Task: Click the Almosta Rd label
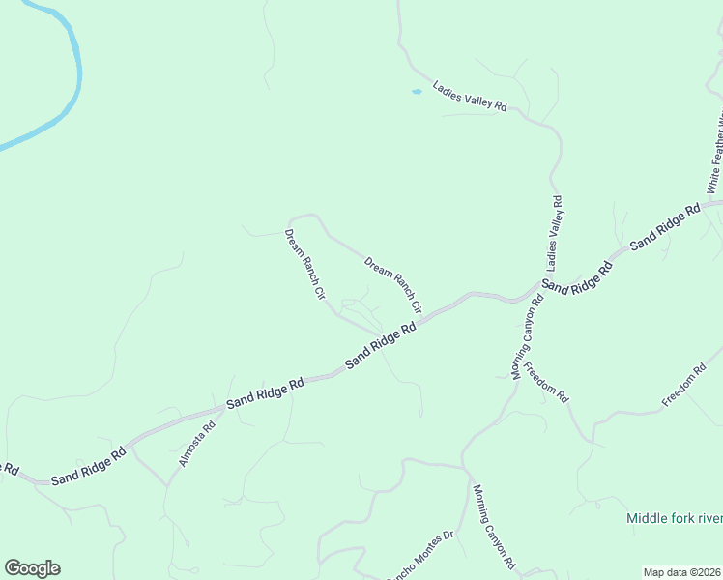(x=196, y=444)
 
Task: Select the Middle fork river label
(x=674, y=518)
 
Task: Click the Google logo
(x=32, y=568)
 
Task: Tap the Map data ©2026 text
(x=682, y=572)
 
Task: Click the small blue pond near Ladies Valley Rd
(x=417, y=92)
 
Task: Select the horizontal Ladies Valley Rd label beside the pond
(x=470, y=96)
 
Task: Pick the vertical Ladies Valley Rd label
(x=555, y=232)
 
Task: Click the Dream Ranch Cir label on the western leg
(x=304, y=264)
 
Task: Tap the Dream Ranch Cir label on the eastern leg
(x=393, y=284)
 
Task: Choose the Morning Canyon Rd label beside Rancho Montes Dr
(x=494, y=525)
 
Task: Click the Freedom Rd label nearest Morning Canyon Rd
(x=546, y=382)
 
